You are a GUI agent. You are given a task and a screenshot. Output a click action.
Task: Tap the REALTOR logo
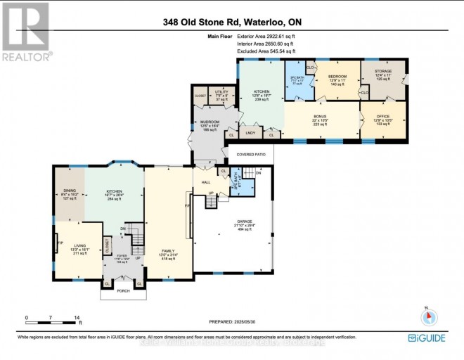tap(26, 32)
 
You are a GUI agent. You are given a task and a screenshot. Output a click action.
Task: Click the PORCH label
tap(122, 292)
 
